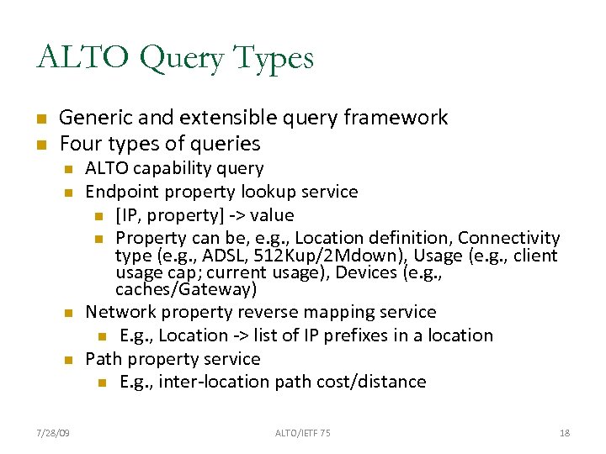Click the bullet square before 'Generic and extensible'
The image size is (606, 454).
(x=40, y=119)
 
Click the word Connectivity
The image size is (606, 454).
(x=509, y=238)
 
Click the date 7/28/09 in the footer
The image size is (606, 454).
(x=53, y=433)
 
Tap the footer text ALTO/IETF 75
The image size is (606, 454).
(x=303, y=433)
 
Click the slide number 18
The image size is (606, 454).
(x=565, y=433)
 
